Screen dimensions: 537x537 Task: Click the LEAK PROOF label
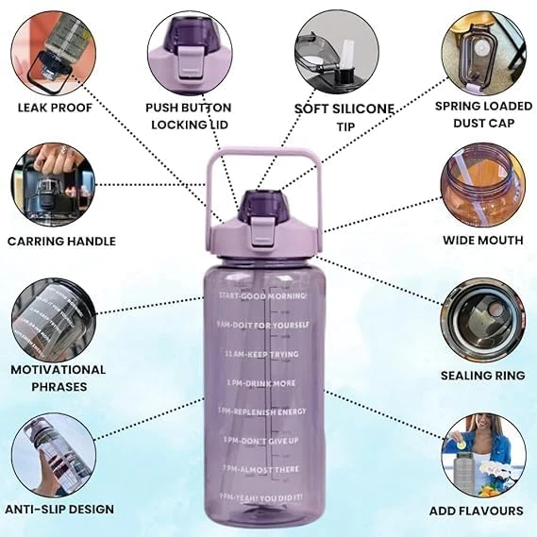[x=54, y=107]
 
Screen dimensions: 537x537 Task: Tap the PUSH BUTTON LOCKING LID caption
[x=188, y=115]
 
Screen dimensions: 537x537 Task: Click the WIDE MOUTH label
[x=482, y=241]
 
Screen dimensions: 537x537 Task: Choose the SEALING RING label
[x=482, y=376]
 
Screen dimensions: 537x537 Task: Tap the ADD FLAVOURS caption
[x=482, y=511]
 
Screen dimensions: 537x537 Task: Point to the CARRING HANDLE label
[x=61, y=242]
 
